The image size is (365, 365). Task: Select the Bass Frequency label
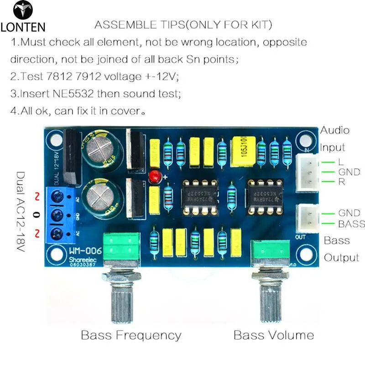[131, 335]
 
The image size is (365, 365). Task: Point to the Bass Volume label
[274, 335]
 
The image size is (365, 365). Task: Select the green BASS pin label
[351, 224]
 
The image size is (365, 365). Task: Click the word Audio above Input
[334, 130]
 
